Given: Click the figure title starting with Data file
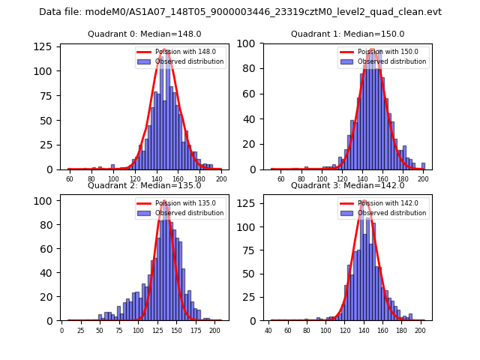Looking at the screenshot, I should coord(240,12).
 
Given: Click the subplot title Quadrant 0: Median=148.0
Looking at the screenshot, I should coord(145,34).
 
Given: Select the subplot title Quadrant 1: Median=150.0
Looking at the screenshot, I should coord(347,34).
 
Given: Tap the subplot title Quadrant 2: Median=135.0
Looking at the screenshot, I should coord(145,185).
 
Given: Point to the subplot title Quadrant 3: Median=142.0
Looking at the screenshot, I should coord(347,185).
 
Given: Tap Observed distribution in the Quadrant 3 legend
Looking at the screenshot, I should coord(397,213).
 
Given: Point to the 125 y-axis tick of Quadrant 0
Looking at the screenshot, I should coord(47,46).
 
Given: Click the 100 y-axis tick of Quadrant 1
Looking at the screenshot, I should coord(250,43).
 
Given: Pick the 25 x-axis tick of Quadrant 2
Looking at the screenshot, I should coord(80,331).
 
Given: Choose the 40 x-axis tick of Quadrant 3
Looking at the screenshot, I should coord(268,331).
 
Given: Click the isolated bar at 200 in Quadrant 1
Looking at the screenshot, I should coord(423,166).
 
